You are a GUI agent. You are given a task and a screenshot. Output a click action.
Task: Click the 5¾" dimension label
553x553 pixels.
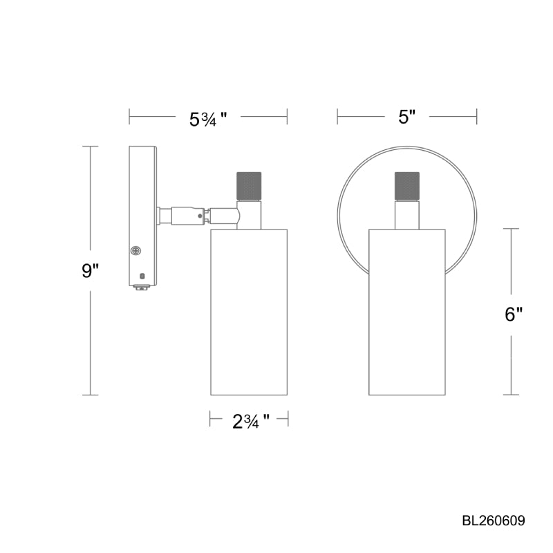(x=208, y=119)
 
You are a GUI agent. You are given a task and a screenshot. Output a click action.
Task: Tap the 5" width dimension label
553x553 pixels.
(x=407, y=117)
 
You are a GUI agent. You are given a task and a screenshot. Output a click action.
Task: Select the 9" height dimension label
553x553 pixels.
(x=91, y=270)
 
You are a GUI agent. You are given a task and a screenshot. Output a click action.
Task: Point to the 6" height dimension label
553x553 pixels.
(x=513, y=315)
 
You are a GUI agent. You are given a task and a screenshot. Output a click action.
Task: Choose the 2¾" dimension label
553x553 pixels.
(x=251, y=421)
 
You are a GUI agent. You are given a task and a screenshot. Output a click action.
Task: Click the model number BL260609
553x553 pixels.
(x=494, y=521)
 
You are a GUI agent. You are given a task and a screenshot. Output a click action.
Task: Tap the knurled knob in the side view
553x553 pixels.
(x=249, y=185)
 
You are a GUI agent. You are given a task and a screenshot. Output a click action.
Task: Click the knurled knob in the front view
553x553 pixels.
(x=407, y=185)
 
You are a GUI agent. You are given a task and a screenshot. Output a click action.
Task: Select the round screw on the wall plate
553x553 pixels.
(x=135, y=251)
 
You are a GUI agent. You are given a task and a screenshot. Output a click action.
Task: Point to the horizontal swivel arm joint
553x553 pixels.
(x=199, y=215)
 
